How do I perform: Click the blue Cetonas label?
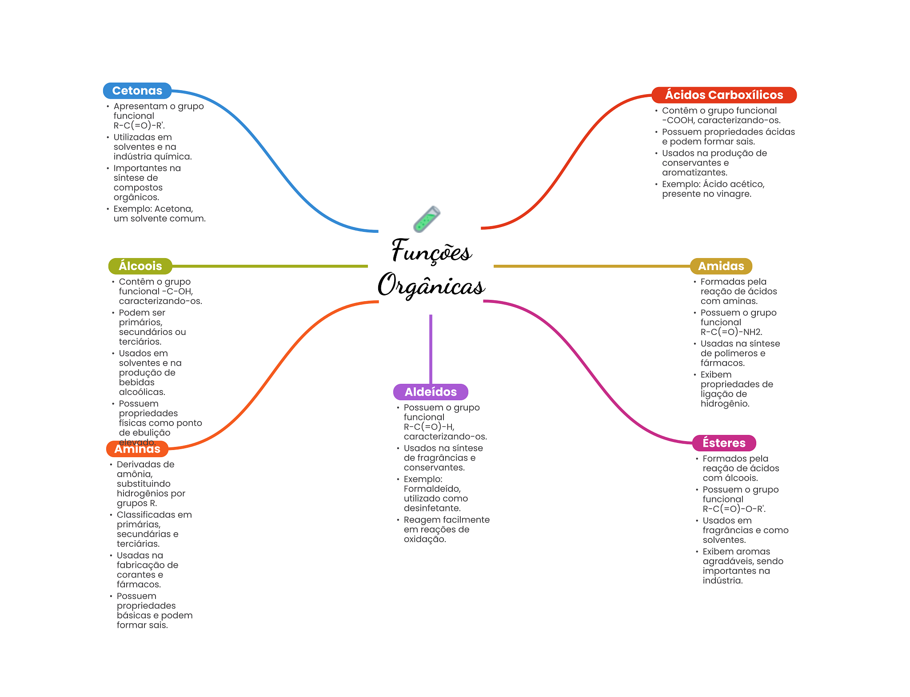[137, 91]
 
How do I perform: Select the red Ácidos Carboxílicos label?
[724, 95]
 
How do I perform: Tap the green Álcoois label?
[140, 266]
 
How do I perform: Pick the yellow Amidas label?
[721, 266]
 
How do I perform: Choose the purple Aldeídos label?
[431, 392]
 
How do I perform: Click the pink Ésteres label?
[724, 443]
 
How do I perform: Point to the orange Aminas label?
[137, 449]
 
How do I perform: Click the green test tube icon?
[427, 219]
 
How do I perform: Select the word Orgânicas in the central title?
[431, 285]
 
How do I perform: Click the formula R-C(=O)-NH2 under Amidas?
[731, 332]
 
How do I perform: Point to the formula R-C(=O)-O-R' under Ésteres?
[734, 509]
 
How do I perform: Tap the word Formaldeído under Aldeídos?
[432, 489]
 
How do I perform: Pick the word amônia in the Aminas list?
[135, 474]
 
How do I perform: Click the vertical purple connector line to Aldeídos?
[431, 349]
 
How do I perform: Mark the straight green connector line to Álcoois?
[270, 266]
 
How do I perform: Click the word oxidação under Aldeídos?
[425, 539]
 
